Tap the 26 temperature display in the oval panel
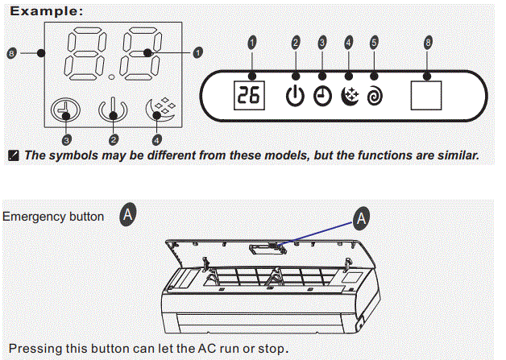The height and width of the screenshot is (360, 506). point(248,97)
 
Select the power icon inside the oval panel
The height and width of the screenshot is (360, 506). point(296,97)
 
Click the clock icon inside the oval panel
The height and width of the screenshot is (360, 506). point(322,97)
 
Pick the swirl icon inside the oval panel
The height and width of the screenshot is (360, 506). point(374,97)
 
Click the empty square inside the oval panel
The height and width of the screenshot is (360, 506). point(426,96)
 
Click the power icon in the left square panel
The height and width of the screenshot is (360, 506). point(112,109)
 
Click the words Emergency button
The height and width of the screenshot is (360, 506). point(53,217)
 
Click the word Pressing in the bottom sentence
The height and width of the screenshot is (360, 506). point(32,349)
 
